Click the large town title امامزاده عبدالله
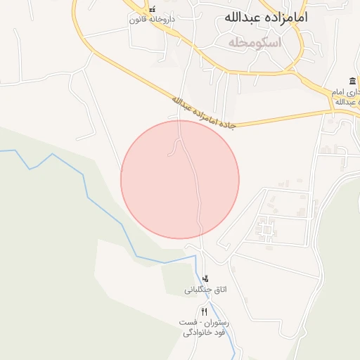[x=265, y=18]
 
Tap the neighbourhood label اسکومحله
[x=255, y=43]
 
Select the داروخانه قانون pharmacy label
[x=146, y=20]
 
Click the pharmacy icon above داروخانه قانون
[x=152, y=9]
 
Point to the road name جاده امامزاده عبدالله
[x=205, y=113]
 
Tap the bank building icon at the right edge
[x=352, y=81]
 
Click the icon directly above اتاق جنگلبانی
[x=205, y=279]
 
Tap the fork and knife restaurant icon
[x=204, y=311]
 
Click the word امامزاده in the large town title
[x=288, y=18]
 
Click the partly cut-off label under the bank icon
[x=344, y=97]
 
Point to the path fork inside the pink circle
[x=179, y=141]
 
